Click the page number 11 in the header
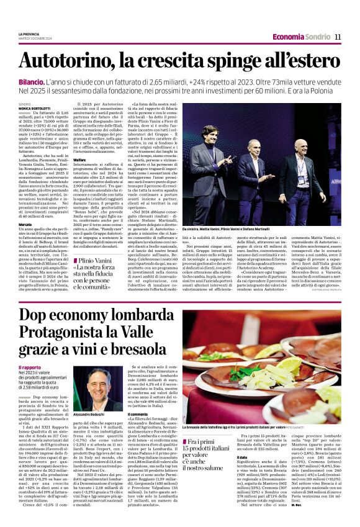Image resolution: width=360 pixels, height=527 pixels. (x=337, y=37)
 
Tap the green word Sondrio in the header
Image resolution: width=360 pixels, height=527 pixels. (x=317, y=37)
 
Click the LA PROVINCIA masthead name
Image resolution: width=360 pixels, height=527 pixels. (x=29, y=34)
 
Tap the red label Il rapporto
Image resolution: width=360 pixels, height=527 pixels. (x=30, y=368)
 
